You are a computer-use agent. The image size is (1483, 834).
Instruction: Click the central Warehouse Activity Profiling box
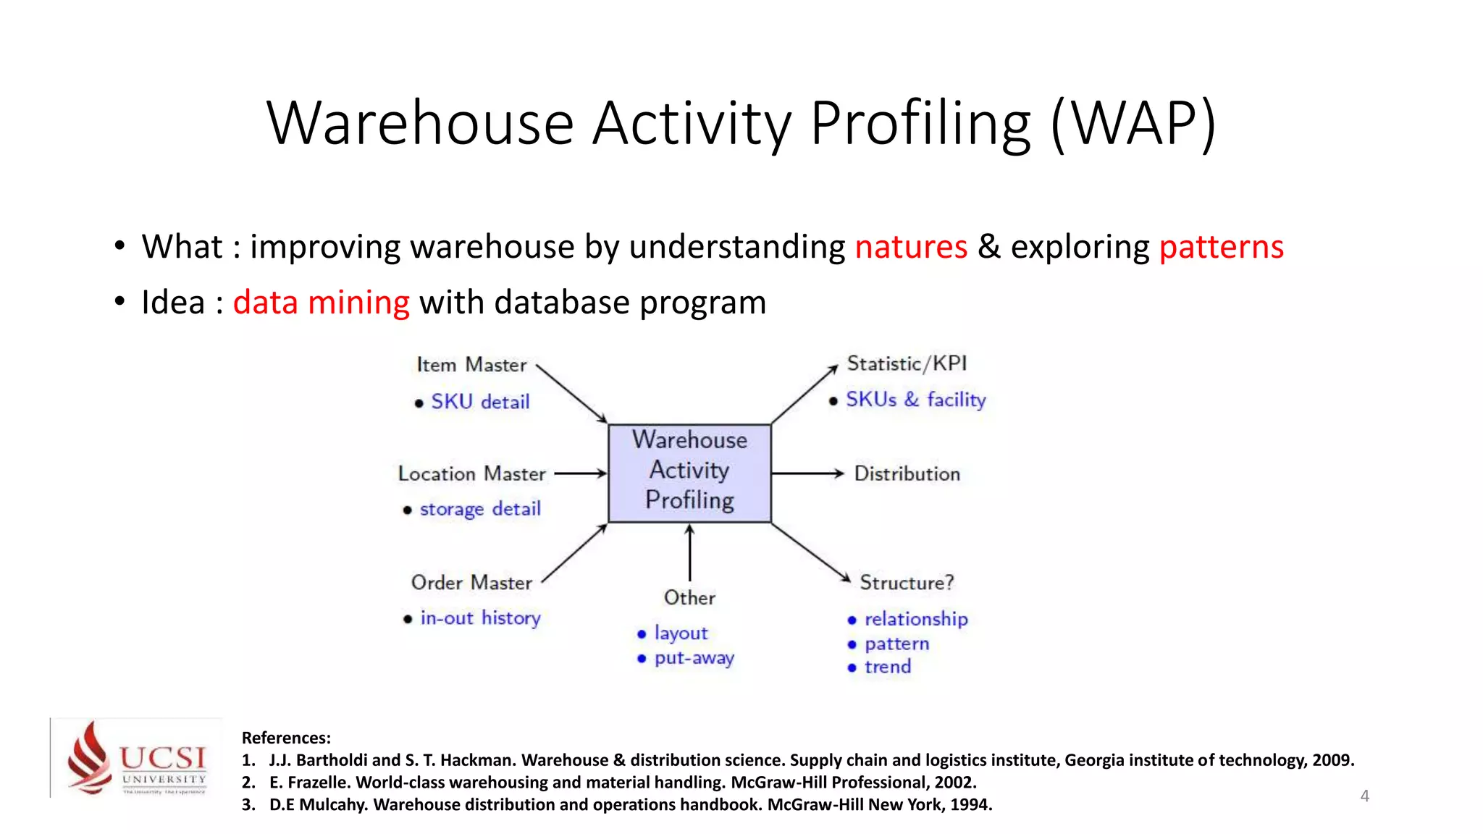tap(689, 472)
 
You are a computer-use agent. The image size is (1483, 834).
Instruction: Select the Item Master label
tap(471, 364)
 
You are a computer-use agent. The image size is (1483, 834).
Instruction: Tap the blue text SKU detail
tap(480, 402)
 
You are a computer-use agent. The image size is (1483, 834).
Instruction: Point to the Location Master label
tap(471, 473)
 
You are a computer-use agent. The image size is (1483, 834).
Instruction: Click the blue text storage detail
tap(480, 509)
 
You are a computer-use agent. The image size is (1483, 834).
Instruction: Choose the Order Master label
tap(471, 582)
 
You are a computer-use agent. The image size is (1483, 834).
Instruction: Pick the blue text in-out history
tap(480, 618)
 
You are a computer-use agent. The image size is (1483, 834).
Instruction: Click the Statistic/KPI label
tap(907, 363)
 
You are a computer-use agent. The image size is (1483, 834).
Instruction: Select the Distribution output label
tap(907, 473)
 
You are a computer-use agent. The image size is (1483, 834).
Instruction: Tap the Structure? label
tap(907, 582)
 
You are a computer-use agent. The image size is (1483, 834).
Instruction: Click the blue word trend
tap(888, 667)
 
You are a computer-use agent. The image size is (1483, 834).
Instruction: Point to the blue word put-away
tap(694, 658)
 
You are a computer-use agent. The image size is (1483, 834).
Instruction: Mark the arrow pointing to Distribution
tap(807, 473)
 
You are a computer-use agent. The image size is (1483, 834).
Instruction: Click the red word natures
tap(911, 247)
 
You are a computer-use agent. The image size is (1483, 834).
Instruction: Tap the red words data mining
tap(321, 303)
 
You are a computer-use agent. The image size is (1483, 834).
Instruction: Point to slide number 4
tap(1364, 796)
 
